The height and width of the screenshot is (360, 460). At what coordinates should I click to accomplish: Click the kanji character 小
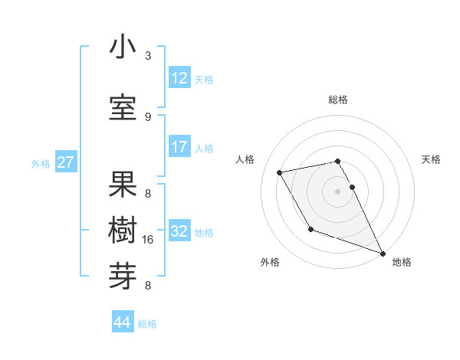coord(123,47)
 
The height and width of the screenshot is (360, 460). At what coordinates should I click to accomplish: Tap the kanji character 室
coord(123,108)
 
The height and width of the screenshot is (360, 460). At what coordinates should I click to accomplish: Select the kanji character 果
coord(123,185)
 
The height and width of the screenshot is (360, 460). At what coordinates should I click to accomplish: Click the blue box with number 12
coord(179,78)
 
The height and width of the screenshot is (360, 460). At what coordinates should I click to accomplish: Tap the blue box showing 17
coord(179,147)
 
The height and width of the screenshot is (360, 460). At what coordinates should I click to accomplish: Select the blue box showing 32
coord(179,231)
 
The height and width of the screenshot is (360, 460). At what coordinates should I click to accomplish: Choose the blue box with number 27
coord(66,162)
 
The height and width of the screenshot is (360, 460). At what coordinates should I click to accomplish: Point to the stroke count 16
coord(149,240)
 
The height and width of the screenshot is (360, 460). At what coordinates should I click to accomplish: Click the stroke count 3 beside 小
coord(148,56)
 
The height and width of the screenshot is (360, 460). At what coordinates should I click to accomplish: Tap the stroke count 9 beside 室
coord(148,116)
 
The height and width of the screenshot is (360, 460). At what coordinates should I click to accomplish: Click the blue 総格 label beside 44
coord(148,324)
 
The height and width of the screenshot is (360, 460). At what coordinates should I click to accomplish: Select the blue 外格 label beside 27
coord(41,163)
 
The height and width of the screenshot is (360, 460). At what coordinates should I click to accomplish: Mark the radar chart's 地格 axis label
coord(402,262)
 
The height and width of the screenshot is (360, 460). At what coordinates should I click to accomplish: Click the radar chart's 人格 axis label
coord(245,159)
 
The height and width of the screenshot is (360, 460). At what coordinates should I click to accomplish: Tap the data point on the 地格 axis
coord(383,254)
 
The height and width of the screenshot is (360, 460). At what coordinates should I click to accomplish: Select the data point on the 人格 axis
coord(280,173)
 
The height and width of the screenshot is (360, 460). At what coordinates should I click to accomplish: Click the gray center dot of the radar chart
coord(337,191)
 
